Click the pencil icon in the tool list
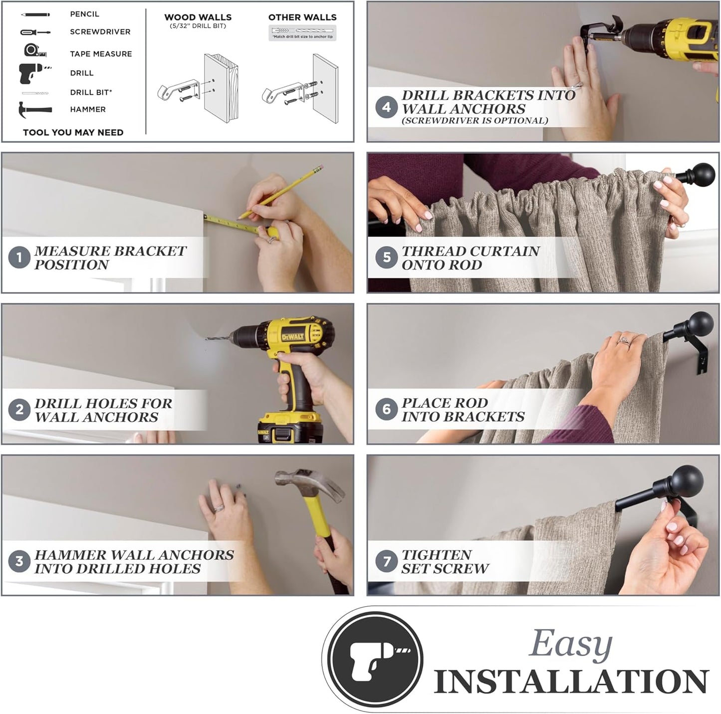(35, 14)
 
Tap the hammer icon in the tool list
(35, 110)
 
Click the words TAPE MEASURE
(101, 54)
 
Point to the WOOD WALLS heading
(198, 17)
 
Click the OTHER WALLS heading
(302, 17)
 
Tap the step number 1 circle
(19, 257)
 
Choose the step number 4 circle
(387, 107)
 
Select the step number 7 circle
(387, 561)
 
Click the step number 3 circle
(19, 561)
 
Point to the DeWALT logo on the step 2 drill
(293, 337)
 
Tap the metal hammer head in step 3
(309, 484)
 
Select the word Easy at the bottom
(570, 645)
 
